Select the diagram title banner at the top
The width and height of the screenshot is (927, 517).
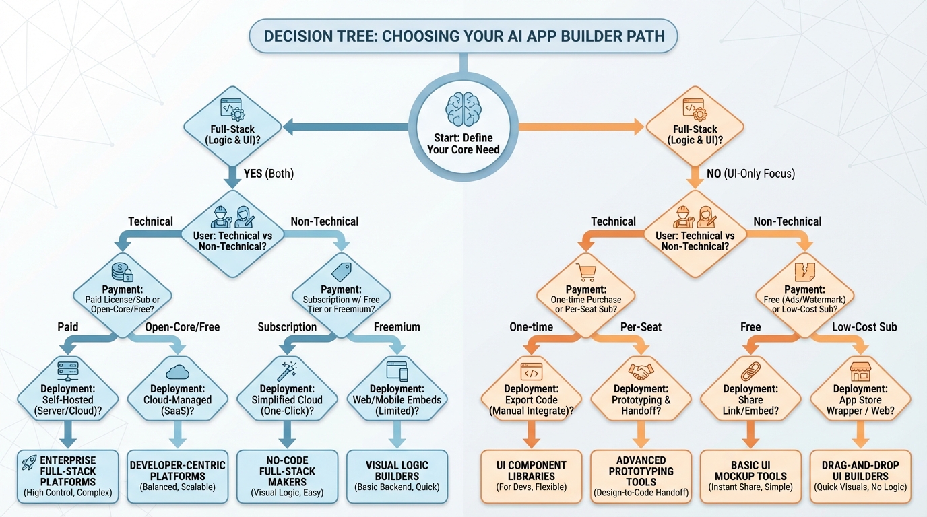[x=463, y=36]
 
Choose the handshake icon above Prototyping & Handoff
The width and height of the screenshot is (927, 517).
[x=641, y=371]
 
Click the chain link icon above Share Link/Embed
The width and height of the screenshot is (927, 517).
[x=750, y=371]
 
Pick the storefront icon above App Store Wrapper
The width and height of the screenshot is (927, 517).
[x=860, y=370]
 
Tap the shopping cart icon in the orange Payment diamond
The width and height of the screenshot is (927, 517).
[x=587, y=272]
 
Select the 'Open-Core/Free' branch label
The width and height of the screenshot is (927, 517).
[x=183, y=327]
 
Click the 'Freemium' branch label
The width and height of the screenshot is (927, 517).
[x=397, y=327]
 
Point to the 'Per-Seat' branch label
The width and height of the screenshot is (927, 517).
[x=641, y=327]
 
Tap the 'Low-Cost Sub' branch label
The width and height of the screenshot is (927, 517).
[x=864, y=327]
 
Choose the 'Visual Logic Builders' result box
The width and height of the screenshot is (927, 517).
[x=397, y=477]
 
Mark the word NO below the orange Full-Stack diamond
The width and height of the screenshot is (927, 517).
[x=714, y=174]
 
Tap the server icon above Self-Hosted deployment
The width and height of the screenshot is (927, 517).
[x=68, y=370]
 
